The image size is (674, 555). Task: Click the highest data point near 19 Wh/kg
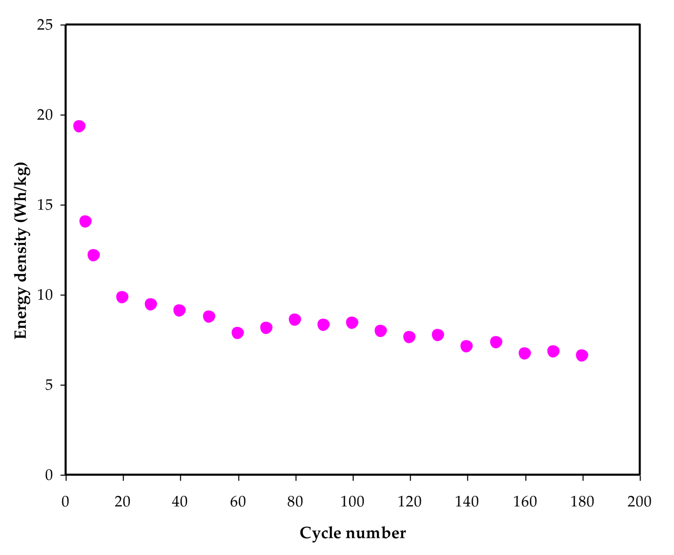click(79, 126)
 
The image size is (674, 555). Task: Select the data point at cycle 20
click(122, 297)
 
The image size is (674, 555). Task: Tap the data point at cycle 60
click(237, 333)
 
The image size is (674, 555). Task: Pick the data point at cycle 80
click(295, 319)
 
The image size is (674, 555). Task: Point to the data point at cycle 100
click(352, 323)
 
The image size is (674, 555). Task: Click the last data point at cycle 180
click(582, 355)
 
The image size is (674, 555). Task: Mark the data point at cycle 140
click(467, 346)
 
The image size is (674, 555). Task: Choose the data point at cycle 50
click(209, 317)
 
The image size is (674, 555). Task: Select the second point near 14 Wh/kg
click(86, 221)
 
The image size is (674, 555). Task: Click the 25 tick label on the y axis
click(45, 25)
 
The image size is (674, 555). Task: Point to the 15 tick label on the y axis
click(45, 205)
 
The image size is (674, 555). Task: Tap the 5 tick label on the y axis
click(49, 385)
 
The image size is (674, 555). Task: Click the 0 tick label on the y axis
click(49, 475)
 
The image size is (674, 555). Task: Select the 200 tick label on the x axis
click(639, 502)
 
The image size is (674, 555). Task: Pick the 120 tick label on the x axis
click(410, 502)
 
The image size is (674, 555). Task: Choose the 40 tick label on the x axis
click(180, 502)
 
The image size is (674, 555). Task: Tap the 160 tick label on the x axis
click(525, 502)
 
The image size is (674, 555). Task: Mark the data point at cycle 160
click(525, 353)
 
